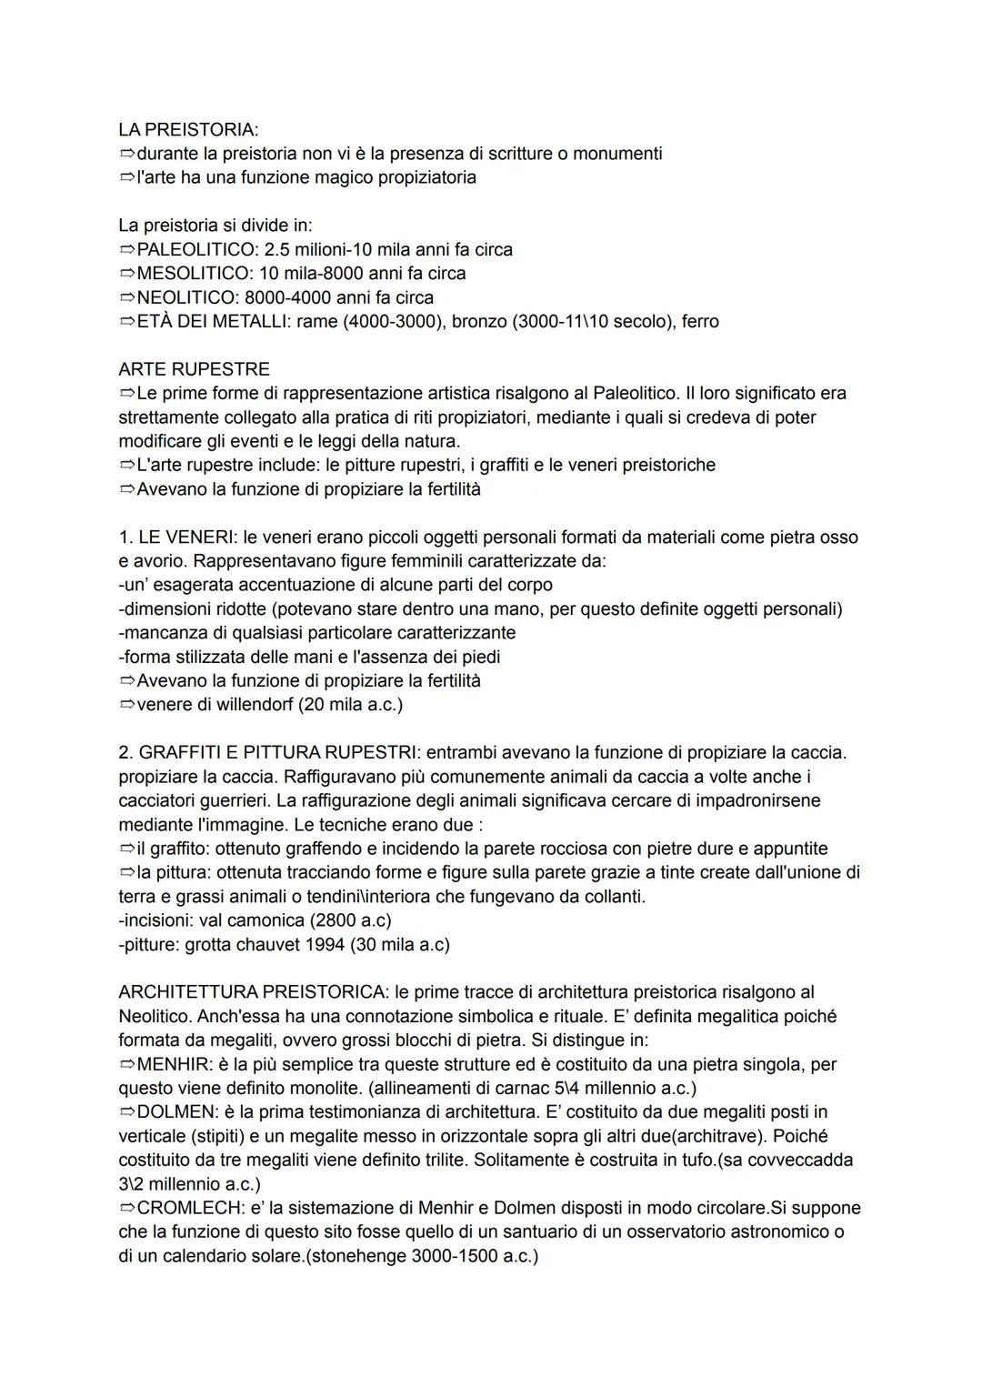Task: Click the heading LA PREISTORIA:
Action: pyautogui.click(x=188, y=130)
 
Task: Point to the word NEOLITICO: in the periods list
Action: pyautogui.click(x=187, y=297)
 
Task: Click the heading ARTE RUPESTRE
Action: pyautogui.click(x=194, y=369)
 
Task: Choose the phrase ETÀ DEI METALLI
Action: pyautogui.click(x=211, y=321)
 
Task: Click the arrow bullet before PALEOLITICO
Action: pyautogui.click(x=126, y=249)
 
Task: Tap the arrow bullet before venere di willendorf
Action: pyautogui.click(x=126, y=704)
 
